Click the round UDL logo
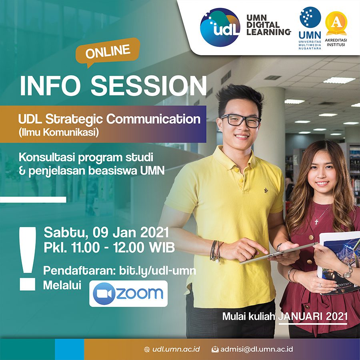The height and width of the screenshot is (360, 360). [x=220, y=27]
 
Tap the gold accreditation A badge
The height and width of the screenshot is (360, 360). [x=336, y=24]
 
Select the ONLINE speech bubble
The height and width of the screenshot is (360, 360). [x=108, y=52]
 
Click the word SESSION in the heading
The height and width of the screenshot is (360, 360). [x=149, y=86]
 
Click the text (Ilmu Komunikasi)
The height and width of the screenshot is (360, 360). [x=59, y=132]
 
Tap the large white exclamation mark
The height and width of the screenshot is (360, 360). [x=28, y=258]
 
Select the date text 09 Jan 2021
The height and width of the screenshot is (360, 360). [x=131, y=233]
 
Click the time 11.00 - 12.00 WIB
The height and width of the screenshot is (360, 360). [x=123, y=248]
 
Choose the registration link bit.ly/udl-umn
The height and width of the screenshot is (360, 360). [x=158, y=271]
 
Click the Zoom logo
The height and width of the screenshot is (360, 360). [x=128, y=294]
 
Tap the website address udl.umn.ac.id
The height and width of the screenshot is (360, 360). [x=176, y=350]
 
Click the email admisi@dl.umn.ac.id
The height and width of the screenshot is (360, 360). [x=256, y=350]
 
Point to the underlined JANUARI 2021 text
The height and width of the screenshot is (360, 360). [x=313, y=317]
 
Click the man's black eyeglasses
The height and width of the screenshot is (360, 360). [x=240, y=120]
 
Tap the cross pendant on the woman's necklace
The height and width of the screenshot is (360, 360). [x=316, y=222]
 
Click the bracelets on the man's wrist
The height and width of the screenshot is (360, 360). [x=216, y=251]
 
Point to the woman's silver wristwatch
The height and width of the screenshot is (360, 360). [x=347, y=273]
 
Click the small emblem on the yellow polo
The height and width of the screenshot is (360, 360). [x=266, y=190]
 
